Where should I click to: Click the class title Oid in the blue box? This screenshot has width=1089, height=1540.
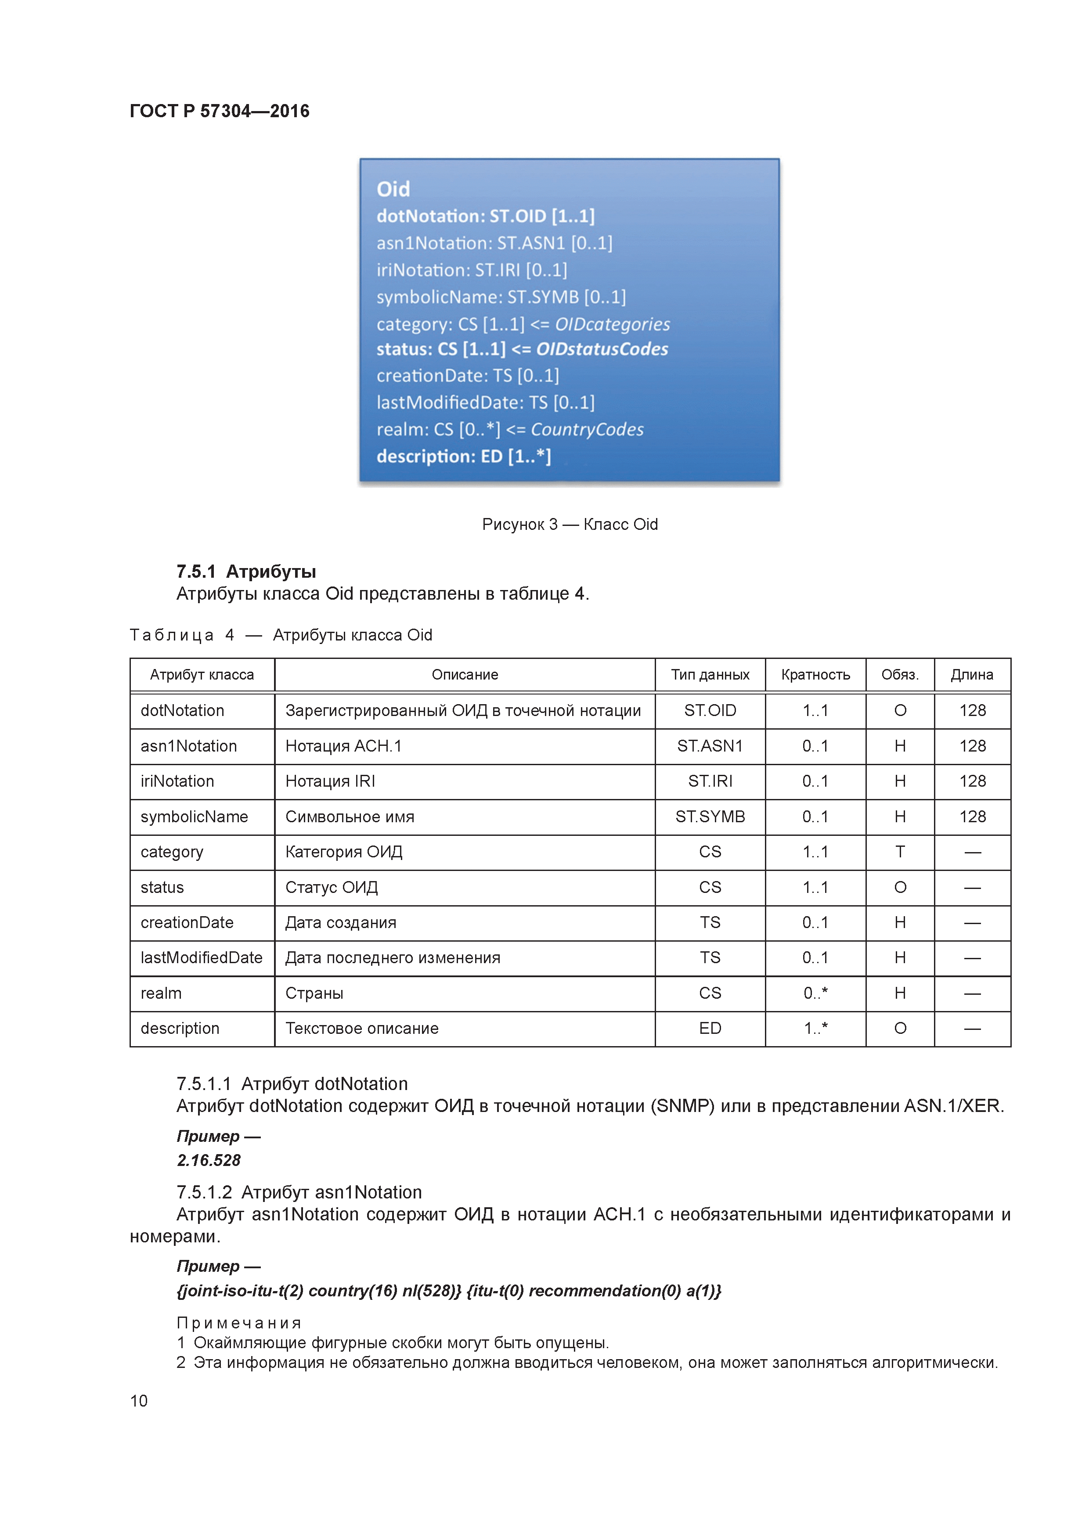pyautogui.click(x=393, y=189)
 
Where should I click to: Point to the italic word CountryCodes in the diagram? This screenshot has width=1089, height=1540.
pyautogui.click(x=587, y=429)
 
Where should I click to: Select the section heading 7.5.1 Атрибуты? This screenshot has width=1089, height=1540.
pyautogui.click(x=246, y=572)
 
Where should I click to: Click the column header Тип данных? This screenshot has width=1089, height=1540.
pyautogui.click(x=710, y=675)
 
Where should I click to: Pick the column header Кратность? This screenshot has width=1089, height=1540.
pyautogui.click(x=815, y=675)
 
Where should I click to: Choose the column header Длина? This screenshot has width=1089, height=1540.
pyautogui.click(x=972, y=675)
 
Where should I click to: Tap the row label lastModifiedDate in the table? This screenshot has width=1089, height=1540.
pyautogui.click(x=201, y=958)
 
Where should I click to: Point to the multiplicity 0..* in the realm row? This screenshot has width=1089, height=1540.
pyautogui.click(x=815, y=993)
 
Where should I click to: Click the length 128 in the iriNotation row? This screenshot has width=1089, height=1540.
pyautogui.click(x=972, y=781)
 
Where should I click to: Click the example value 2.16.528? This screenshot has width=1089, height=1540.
pyautogui.click(x=209, y=1160)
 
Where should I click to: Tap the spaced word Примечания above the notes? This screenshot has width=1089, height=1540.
pyautogui.click(x=239, y=1323)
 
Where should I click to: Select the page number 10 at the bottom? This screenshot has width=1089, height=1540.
pyautogui.click(x=139, y=1400)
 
